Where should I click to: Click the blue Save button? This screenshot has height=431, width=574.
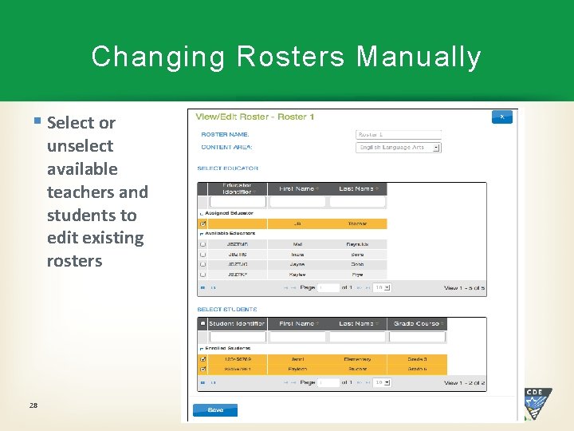(214, 410)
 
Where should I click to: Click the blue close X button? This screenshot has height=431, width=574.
(501, 117)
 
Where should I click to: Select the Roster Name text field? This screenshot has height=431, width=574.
(397, 135)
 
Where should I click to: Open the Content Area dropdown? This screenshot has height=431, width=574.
(398, 148)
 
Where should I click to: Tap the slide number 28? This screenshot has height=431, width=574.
(33, 405)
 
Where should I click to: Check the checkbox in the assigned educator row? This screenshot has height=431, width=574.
(202, 224)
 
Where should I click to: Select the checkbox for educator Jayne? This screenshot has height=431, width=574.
(202, 264)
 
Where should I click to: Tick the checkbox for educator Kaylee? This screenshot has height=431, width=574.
(202, 274)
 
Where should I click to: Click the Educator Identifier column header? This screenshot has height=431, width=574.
(238, 189)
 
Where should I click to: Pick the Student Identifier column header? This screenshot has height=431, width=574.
(237, 323)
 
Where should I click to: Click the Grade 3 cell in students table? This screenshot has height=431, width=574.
(417, 359)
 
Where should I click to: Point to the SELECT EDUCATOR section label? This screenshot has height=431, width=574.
(228, 168)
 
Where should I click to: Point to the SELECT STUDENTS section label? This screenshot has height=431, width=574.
(227, 309)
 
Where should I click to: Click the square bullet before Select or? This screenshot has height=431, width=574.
(37, 121)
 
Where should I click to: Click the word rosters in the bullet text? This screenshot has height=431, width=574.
(74, 261)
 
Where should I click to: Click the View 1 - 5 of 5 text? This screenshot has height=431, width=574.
(464, 287)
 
